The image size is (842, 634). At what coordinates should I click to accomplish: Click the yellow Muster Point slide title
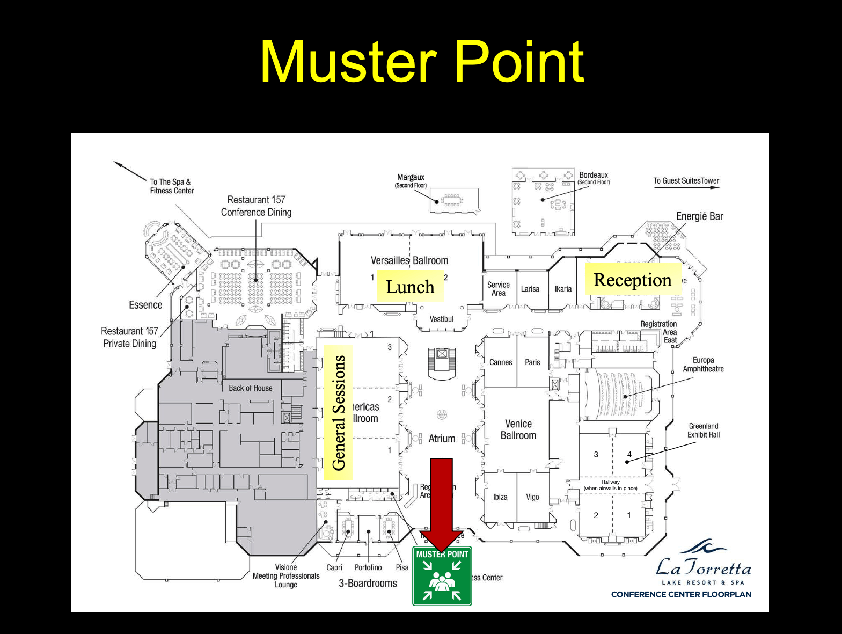point(422,62)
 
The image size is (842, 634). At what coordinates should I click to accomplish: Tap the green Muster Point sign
point(442,576)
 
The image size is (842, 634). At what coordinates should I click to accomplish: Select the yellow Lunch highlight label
point(410,287)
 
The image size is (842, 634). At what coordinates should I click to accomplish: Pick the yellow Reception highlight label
point(632,280)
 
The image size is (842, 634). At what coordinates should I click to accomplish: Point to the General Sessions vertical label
point(339,413)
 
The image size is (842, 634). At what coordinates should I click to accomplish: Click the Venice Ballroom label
point(518,429)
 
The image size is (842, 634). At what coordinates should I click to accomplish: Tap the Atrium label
point(442,439)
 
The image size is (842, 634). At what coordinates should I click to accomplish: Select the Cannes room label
point(501,362)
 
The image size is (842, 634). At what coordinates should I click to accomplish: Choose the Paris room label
point(532,362)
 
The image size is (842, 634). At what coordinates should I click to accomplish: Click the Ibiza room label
point(500,497)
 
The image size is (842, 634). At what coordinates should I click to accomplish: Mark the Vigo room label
point(532,497)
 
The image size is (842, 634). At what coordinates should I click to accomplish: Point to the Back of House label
point(250,388)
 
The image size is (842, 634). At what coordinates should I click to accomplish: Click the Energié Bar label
point(699,216)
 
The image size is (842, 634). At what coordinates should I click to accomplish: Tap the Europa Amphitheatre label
point(703,365)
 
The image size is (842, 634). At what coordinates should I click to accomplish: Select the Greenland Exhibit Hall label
point(704,431)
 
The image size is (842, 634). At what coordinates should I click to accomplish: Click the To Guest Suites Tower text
point(686,181)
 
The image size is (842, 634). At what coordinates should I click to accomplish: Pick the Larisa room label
point(530,289)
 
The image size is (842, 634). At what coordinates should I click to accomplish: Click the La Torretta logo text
point(703,568)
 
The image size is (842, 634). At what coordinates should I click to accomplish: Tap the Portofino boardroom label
point(368,567)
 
